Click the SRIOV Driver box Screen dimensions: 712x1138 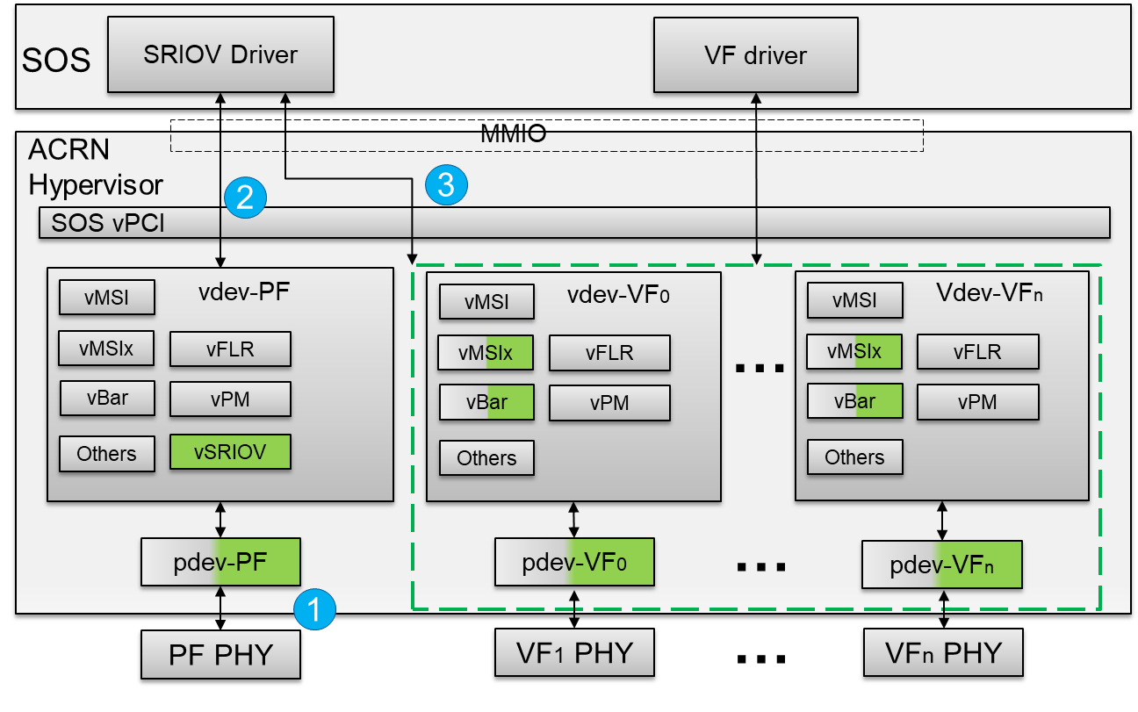point(220,54)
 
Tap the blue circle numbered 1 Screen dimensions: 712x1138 point(315,608)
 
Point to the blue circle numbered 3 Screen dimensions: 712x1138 point(446,184)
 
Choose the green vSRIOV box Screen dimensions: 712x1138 point(230,452)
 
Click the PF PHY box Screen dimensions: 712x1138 point(220,655)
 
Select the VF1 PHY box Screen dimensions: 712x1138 point(574,652)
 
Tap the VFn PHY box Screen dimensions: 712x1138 point(942,652)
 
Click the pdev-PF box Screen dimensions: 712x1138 point(221,561)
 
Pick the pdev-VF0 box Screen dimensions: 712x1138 point(574,562)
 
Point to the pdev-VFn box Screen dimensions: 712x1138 point(942,565)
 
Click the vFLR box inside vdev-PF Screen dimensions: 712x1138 point(230,349)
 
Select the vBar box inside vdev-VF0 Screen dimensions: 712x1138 point(486,403)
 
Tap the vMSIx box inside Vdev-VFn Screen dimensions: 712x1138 point(854,351)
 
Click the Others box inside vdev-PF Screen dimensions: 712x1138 point(107,454)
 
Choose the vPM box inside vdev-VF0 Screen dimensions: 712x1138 point(609,404)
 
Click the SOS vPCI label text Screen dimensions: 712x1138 point(108,223)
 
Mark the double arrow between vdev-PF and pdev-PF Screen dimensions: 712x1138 point(220,519)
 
